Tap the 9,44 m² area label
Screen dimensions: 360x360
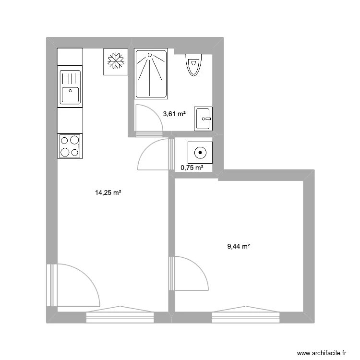239,247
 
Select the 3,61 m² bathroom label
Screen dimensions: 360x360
174,114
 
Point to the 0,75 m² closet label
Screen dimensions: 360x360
192,168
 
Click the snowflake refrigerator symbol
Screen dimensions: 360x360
116,61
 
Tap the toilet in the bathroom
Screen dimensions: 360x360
194,64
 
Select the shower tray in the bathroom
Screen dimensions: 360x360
151,73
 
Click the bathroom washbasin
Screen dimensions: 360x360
203,118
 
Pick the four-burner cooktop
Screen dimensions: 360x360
70,146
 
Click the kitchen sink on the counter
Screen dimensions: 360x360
70,87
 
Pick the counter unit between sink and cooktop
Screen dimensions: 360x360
70,120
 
